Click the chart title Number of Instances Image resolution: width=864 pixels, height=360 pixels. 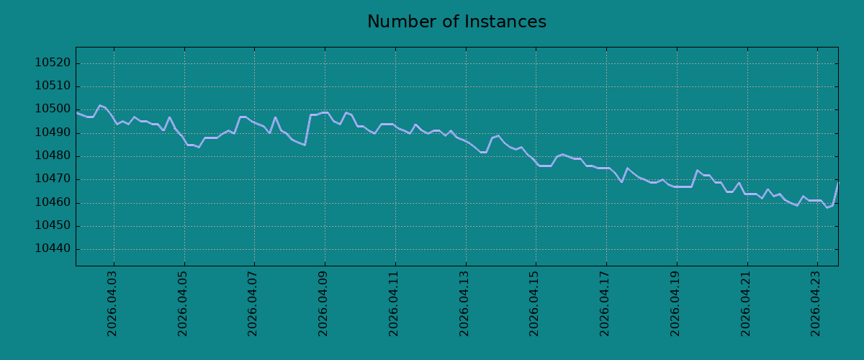[456, 22]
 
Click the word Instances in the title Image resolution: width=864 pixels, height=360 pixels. [505, 22]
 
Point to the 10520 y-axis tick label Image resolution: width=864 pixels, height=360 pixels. [53, 63]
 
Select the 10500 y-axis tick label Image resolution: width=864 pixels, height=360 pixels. [53, 109]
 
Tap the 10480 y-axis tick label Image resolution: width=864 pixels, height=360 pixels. [53, 156]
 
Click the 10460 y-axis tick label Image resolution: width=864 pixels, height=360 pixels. [53, 202]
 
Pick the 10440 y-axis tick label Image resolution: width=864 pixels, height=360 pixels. [53, 249]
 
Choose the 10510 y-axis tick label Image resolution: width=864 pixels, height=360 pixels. [53, 86]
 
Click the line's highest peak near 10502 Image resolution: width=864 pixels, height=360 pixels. [100, 105]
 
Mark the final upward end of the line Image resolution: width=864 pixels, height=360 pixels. [838, 183]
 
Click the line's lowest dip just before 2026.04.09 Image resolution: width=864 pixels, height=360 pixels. [305, 145]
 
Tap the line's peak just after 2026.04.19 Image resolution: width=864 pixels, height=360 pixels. [697, 170]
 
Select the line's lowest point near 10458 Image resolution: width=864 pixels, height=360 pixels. [827, 207]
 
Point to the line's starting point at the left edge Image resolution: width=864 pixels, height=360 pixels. [76, 112]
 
